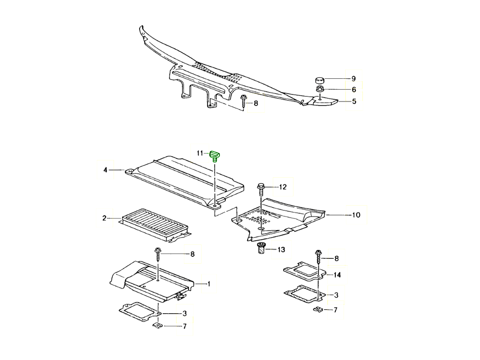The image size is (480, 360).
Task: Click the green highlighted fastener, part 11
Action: point(215,155)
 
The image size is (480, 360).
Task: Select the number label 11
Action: point(200,153)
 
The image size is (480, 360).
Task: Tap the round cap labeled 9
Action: point(320,79)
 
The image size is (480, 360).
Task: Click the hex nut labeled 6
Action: point(320,89)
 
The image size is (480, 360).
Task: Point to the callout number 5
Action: point(354,102)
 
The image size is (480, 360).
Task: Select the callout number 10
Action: point(356,215)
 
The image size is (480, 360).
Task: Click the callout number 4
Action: point(106,170)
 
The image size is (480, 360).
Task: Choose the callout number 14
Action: point(337,275)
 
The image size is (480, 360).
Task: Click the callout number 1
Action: point(208,284)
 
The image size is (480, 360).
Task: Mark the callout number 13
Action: point(281,250)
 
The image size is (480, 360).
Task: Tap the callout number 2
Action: point(104,218)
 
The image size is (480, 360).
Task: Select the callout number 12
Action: point(283,187)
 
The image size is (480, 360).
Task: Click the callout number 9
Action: point(354,79)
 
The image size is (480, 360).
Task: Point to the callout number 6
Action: point(354,90)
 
